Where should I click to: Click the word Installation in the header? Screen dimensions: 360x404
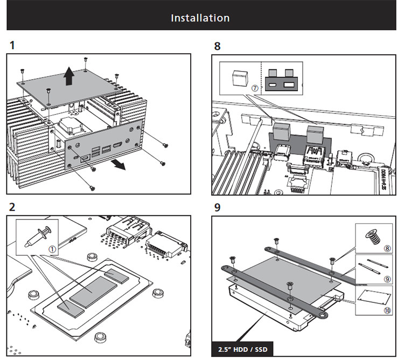(200, 18)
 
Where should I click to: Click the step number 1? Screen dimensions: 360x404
(11, 45)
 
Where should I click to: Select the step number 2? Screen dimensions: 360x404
(12, 207)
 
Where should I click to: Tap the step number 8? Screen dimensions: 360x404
(217, 46)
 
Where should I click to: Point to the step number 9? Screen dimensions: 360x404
(217, 207)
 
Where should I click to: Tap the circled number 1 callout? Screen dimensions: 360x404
(52, 249)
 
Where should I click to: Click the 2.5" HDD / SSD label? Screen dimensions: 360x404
(243, 349)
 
